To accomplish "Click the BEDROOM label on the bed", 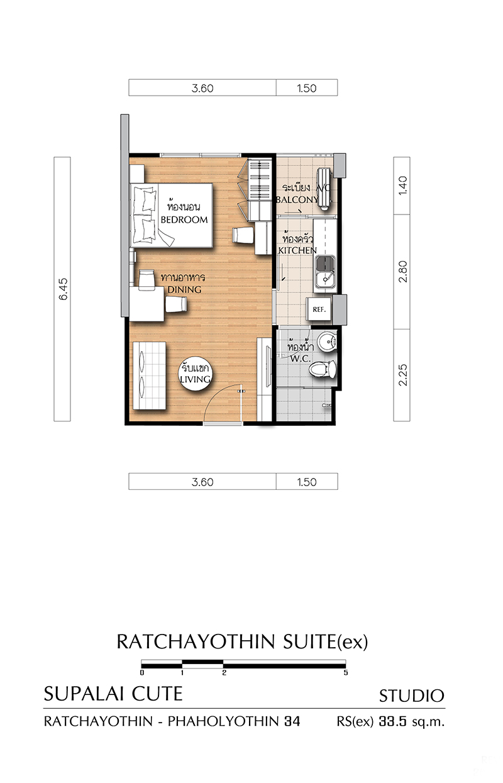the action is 184,220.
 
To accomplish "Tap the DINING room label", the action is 184,289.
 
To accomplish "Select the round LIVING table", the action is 195,374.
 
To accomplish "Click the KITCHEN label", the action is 297,250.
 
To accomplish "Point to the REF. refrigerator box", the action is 319,309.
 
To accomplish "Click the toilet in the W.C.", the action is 323,369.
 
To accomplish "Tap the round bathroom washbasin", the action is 327,341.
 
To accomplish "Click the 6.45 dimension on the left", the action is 64,289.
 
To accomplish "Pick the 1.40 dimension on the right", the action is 402,186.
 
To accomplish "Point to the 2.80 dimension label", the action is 402,272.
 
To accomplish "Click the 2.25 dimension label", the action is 402,375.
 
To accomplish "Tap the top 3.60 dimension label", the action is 202,88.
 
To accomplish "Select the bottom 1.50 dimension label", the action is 307,482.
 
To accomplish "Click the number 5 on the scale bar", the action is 346,672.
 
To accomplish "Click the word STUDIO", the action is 411,696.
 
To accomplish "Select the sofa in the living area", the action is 149,376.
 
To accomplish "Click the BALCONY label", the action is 297,199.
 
